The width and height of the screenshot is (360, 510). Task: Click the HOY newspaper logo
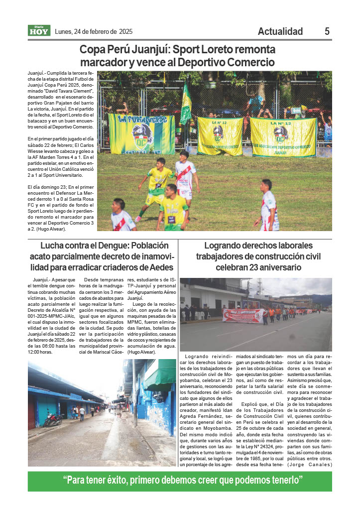tap(38, 31)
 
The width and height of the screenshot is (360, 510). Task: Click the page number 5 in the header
tap(327, 31)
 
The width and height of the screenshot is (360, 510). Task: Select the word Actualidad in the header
tap(280, 31)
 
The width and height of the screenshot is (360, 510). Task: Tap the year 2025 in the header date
tap(125, 31)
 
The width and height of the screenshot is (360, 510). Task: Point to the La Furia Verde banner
tap(141, 134)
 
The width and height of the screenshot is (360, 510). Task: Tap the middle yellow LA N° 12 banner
tap(220, 135)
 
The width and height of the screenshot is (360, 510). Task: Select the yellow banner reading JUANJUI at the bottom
tap(282, 137)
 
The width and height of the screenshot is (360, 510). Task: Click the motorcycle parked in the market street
tap(53, 420)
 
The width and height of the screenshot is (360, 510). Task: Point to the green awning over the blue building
tap(159, 372)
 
